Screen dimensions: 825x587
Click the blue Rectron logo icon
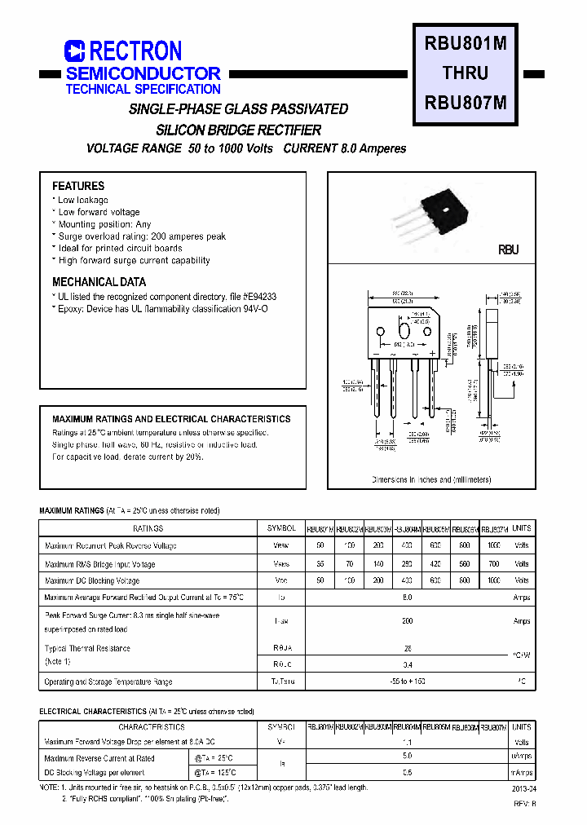pyautogui.click(x=75, y=52)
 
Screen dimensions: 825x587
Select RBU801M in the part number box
pyautogui.click(x=465, y=44)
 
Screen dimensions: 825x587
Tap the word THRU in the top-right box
pyautogui.click(x=465, y=73)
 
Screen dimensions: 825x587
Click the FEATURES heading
pyautogui.click(x=78, y=186)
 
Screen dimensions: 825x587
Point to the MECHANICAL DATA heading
pyautogui.click(x=99, y=282)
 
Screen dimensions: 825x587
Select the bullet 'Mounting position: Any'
pyautogui.click(x=104, y=224)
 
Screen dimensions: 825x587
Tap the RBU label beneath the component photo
pyautogui.click(x=508, y=250)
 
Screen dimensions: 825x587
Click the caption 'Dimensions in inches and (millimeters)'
pyautogui.click(x=431, y=480)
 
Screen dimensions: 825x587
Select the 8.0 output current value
pyautogui.click(x=407, y=598)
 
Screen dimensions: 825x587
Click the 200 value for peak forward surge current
pyautogui.click(x=407, y=620)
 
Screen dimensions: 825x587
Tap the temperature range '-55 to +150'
pyautogui.click(x=407, y=682)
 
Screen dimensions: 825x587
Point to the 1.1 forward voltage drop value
pyautogui.click(x=407, y=743)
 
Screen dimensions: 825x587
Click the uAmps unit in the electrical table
pyautogui.click(x=521, y=757)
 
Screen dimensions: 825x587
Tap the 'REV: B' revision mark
pyautogui.click(x=523, y=804)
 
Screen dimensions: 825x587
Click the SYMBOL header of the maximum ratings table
pyautogui.click(x=280, y=528)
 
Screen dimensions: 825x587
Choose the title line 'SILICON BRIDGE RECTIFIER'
pyautogui.click(x=238, y=130)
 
